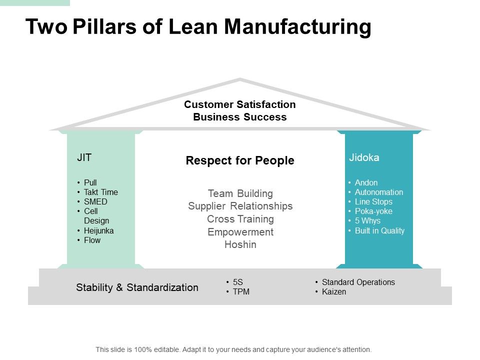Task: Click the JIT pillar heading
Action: click(84, 157)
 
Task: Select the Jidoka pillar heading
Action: click(364, 157)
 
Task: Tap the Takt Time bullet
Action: click(101, 192)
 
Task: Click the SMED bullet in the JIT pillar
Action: click(95, 201)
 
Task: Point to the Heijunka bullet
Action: click(99, 230)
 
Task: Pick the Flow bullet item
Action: click(92, 240)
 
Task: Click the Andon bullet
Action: click(366, 182)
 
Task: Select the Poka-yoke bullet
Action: click(373, 211)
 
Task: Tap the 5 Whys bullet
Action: click(367, 220)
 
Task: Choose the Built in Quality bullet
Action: click(379, 230)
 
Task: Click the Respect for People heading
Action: click(240, 160)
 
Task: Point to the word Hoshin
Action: click(240, 244)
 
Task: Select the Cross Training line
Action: click(240, 219)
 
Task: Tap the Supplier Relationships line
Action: click(240, 206)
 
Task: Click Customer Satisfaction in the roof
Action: click(240, 104)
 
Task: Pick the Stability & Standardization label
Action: click(137, 287)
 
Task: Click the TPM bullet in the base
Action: click(241, 292)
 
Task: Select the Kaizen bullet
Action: click(333, 291)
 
